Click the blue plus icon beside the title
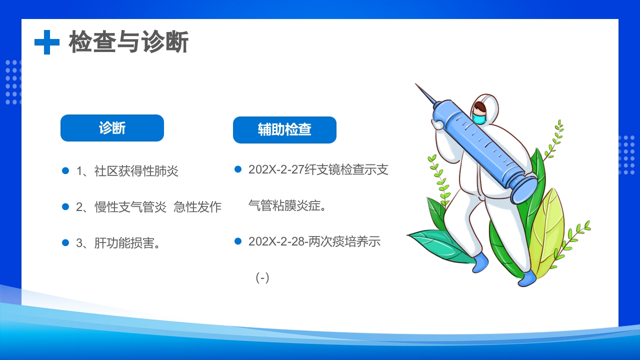pyautogui.click(x=47, y=42)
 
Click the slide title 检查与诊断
pyautogui.click(x=128, y=42)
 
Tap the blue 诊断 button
pyautogui.click(x=112, y=128)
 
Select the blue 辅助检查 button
pyautogui.click(x=284, y=130)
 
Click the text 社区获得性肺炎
pyautogui.click(x=136, y=171)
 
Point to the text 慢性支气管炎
pyautogui.click(x=130, y=207)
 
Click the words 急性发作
pyautogui.click(x=197, y=207)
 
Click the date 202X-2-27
pyautogui.click(x=276, y=170)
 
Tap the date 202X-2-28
pyautogui.click(x=276, y=241)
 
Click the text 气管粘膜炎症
pyautogui.click(x=287, y=205)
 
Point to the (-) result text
pyautogui.click(x=262, y=277)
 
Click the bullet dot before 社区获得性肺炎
pyautogui.click(x=65, y=171)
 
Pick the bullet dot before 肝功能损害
pyautogui.click(x=65, y=242)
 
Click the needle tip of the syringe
pyautogui.click(x=417, y=85)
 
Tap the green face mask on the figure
pyautogui.click(x=479, y=118)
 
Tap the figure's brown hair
pyautogui.click(x=480, y=107)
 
